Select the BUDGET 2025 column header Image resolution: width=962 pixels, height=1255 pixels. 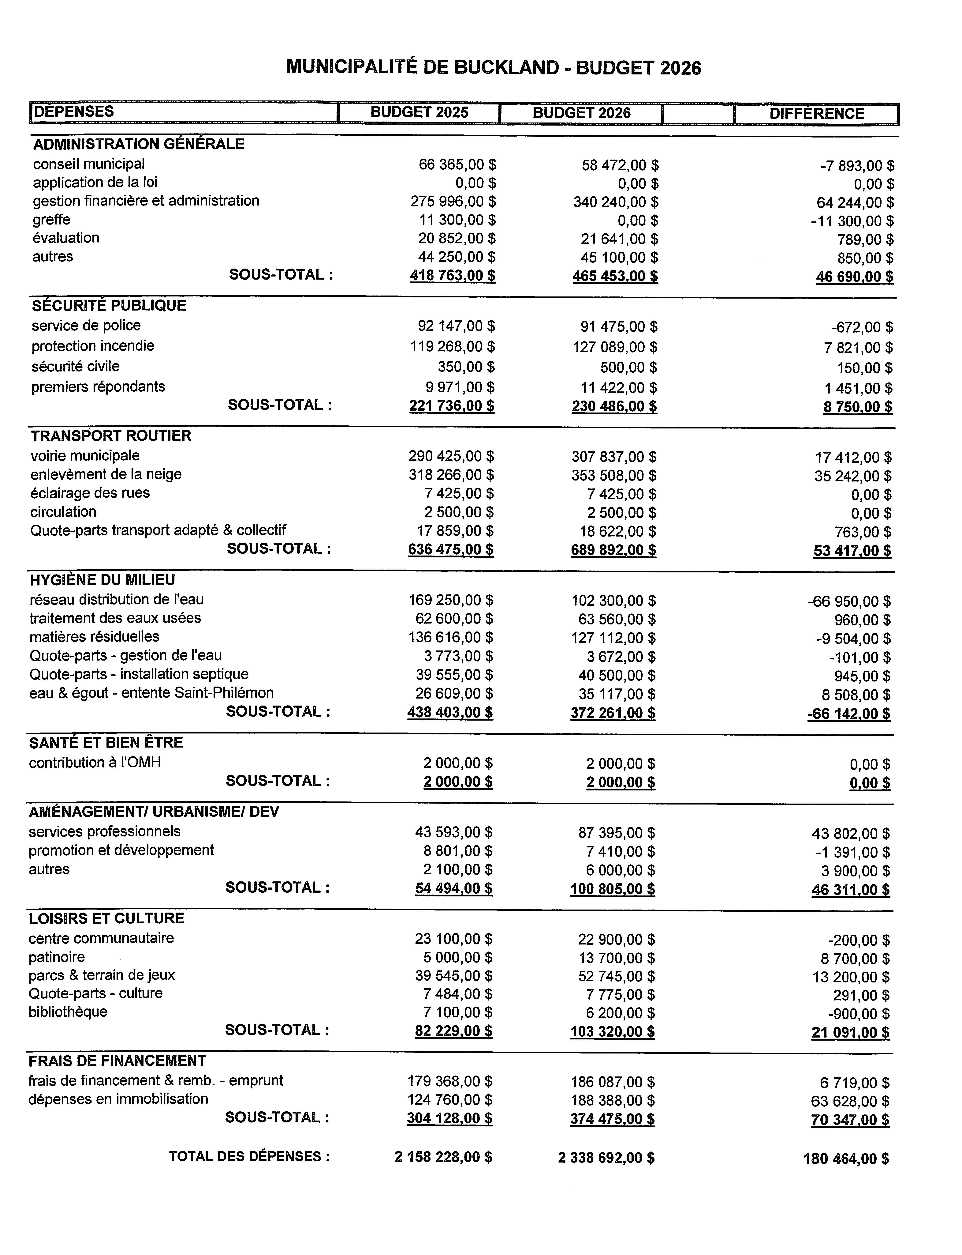point(419,112)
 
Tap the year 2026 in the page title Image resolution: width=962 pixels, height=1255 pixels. point(680,68)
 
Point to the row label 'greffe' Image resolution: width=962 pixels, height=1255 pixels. point(52,219)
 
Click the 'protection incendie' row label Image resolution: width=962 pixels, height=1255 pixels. point(93,346)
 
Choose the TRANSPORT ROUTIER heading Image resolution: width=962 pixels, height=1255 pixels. point(111,436)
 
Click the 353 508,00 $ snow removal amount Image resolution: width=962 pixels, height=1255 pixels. point(614,475)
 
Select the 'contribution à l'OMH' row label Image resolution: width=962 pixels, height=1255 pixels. point(95,762)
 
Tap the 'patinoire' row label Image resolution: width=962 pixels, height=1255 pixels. point(57,957)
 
